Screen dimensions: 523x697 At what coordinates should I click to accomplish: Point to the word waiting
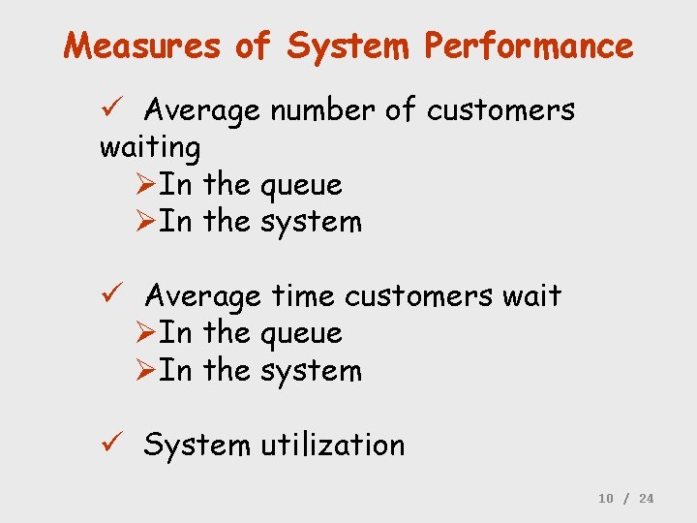tap(150, 148)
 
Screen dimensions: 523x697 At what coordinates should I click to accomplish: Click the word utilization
tap(332, 445)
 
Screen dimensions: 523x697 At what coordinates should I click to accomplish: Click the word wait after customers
tap(531, 295)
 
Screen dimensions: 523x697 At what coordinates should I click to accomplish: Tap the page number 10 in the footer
tap(606, 498)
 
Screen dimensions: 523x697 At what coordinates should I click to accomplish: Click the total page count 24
tap(647, 498)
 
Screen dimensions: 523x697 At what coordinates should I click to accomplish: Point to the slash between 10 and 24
tap(626, 498)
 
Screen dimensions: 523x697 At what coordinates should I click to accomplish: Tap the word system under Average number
tap(311, 222)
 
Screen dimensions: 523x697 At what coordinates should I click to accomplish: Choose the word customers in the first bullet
tap(500, 111)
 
